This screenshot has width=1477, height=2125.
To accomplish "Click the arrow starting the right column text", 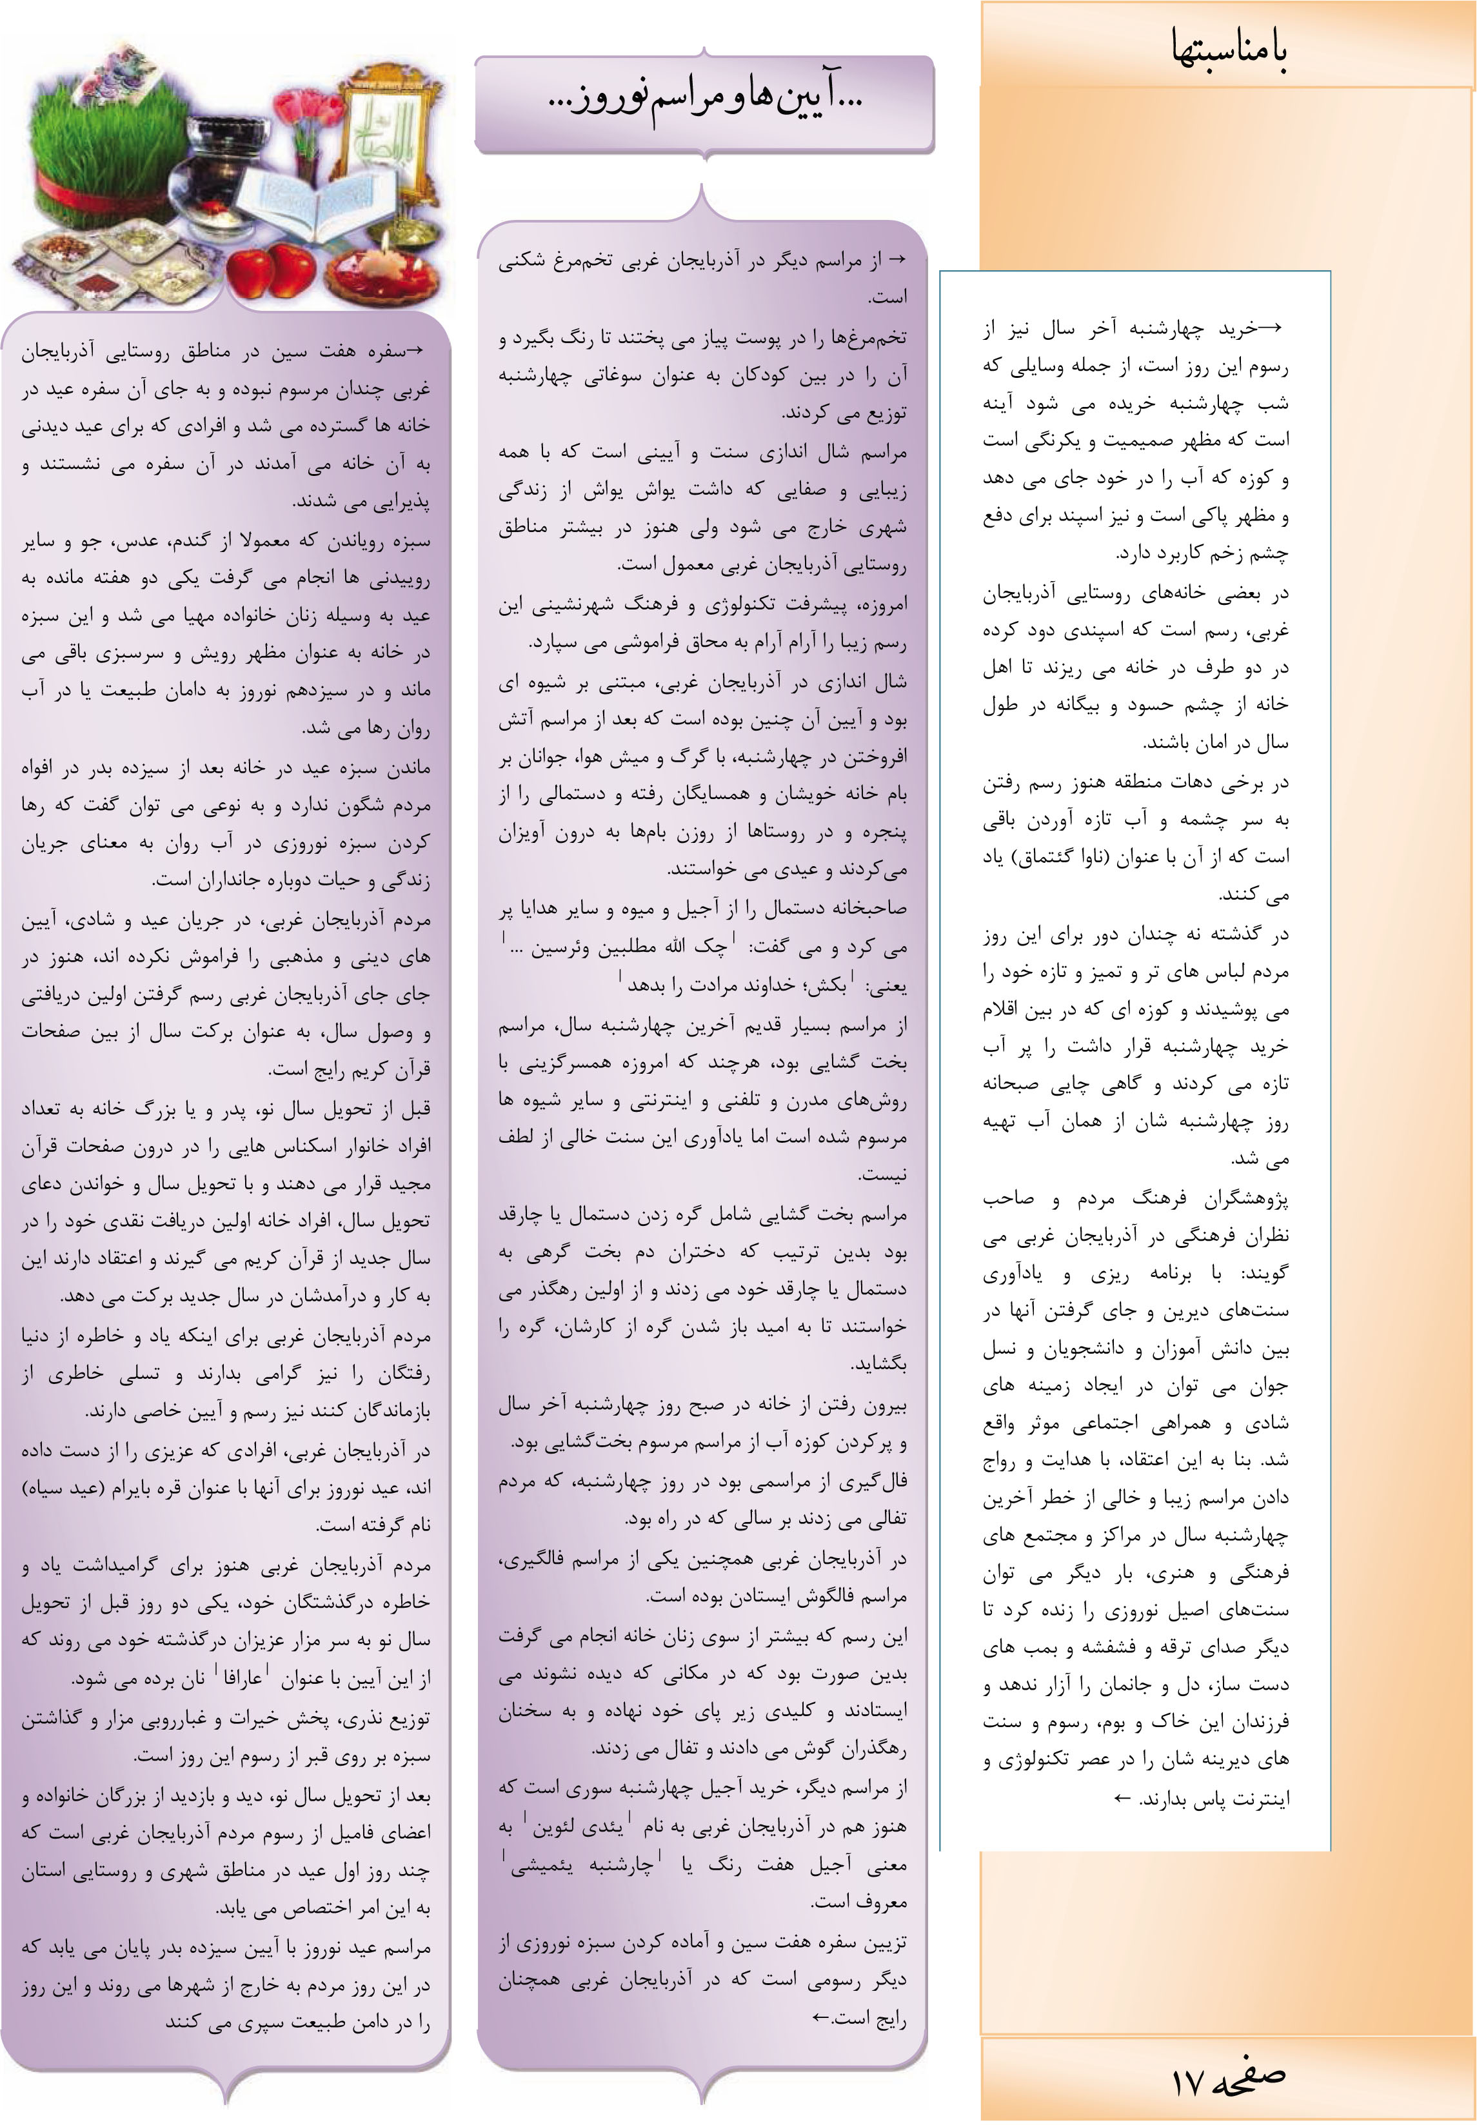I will click(x=1271, y=328).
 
